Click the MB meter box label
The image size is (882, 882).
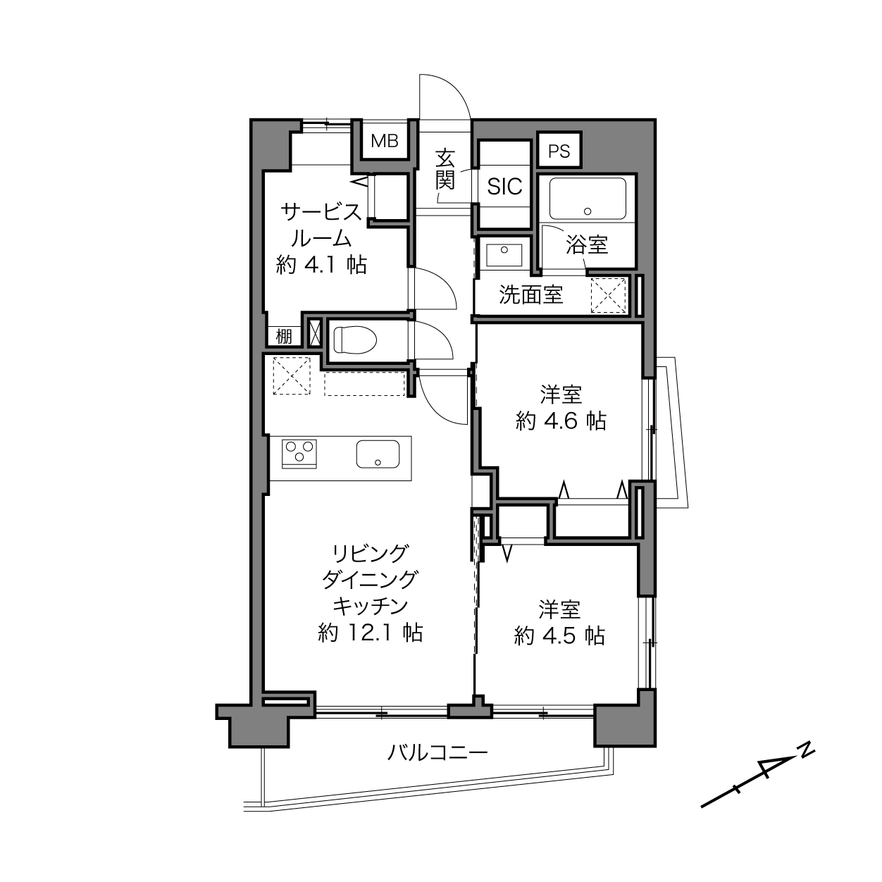[x=384, y=141]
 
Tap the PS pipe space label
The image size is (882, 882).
[x=559, y=151]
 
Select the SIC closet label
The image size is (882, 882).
[x=504, y=186]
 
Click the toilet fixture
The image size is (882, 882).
[x=355, y=340]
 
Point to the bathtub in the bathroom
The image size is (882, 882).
[x=588, y=199]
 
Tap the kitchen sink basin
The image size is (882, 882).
[x=378, y=454]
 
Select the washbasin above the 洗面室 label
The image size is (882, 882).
[x=504, y=255]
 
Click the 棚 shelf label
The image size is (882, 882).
[x=284, y=337]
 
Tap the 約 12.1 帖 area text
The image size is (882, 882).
[x=370, y=633]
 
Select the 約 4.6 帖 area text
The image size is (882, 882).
[x=561, y=421]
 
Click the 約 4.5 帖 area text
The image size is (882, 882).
[x=559, y=635]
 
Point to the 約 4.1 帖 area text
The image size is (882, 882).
[x=321, y=265]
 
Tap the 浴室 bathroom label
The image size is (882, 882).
[x=587, y=245]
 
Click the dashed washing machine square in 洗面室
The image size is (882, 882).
[x=608, y=295]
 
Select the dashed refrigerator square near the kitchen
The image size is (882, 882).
[x=292, y=375]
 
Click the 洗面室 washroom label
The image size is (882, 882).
[x=531, y=294]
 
